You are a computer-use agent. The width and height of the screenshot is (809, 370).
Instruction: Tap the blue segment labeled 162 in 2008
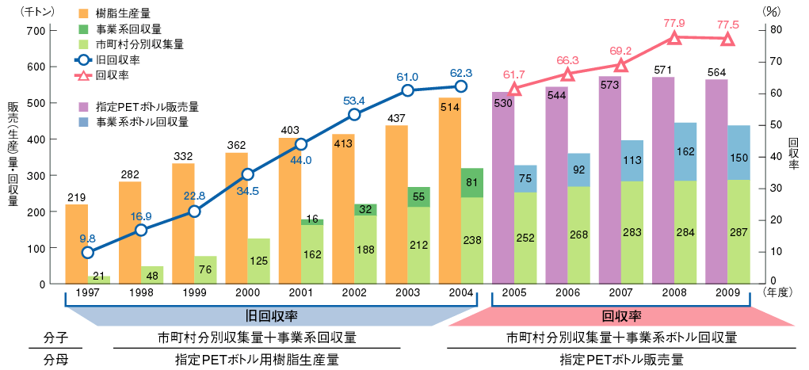tap(685, 151)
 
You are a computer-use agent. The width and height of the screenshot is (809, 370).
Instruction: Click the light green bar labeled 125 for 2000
tap(258, 261)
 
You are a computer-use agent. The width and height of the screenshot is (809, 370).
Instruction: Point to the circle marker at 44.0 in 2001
tap(301, 144)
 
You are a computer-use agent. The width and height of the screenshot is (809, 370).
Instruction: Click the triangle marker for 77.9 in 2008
tap(675, 38)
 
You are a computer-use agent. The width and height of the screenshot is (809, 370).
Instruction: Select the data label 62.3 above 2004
tap(460, 72)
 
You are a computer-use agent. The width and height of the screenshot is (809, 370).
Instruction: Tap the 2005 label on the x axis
tap(515, 293)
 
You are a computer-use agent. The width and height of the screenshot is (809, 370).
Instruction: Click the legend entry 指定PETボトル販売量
tap(147, 106)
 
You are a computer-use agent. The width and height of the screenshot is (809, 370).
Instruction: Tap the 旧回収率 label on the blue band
tap(269, 315)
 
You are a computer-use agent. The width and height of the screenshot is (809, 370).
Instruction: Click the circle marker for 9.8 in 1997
tap(88, 253)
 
